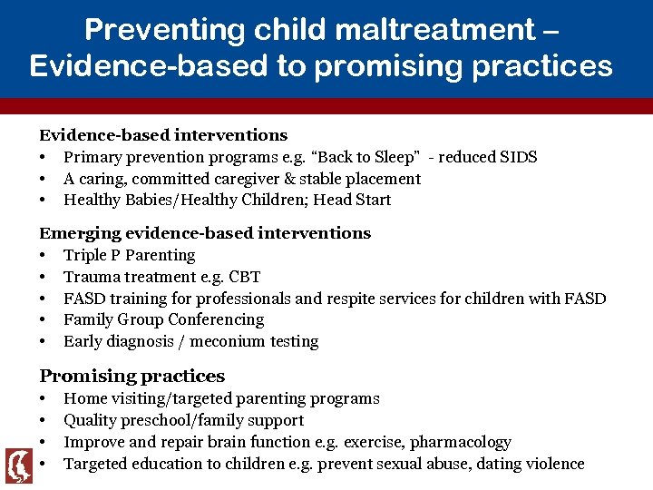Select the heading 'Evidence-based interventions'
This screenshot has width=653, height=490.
(163, 135)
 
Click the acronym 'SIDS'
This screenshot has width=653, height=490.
(519, 157)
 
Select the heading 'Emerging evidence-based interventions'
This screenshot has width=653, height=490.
(205, 233)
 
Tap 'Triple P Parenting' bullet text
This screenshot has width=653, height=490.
(129, 255)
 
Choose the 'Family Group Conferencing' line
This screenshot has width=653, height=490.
(163, 319)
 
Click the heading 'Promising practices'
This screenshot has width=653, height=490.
(132, 376)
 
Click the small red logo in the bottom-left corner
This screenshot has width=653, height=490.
(19, 465)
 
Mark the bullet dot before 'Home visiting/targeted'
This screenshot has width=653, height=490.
(44, 399)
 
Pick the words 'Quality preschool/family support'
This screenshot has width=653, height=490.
(183, 420)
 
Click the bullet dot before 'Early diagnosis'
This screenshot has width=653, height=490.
(44, 342)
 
